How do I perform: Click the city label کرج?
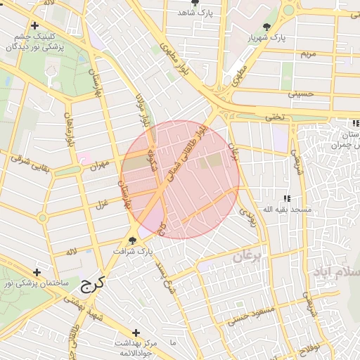92,284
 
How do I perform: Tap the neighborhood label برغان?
246,258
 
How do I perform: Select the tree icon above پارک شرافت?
132,240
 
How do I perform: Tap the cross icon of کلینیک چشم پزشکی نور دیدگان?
34,25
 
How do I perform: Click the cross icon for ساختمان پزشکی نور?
37,272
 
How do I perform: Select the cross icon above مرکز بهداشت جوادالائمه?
136,333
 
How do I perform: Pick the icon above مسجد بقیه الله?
286,199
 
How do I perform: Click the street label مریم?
308,54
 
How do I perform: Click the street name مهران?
101,165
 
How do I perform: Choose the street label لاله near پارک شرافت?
71,252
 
